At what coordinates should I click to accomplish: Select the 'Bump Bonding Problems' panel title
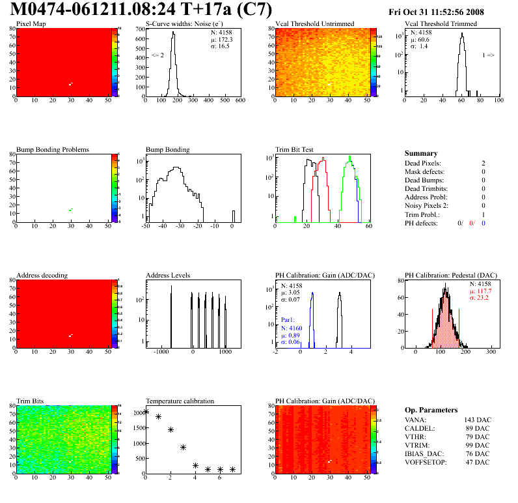point(52,150)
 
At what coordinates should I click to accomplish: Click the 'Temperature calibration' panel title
point(180,401)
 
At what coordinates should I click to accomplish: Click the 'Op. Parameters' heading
point(431,410)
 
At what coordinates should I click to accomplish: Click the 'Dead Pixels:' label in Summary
point(422,163)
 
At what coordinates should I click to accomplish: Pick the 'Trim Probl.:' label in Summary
point(422,214)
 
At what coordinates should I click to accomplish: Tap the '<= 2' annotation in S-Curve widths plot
point(157,55)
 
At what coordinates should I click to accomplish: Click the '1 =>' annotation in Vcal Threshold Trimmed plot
point(488,55)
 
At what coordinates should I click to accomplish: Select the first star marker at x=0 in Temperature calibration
point(146,411)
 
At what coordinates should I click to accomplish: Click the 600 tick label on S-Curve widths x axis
point(240,101)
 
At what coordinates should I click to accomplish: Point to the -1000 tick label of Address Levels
point(160,352)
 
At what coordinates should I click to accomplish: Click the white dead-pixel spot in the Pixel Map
point(70,84)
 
